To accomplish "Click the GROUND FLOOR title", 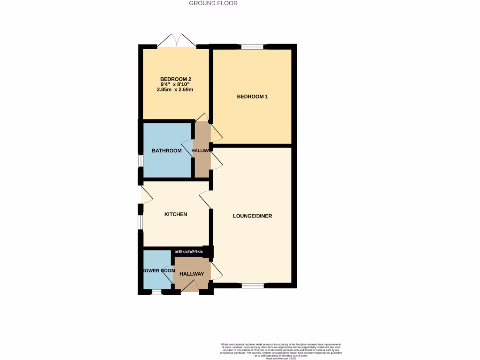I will (x=213, y=3).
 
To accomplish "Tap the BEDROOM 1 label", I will (x=252, y=97).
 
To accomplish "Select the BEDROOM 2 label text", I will (x=176, y=79).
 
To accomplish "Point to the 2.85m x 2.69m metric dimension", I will (x=176, y=90).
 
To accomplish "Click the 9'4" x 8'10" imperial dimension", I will (x=176, y=84).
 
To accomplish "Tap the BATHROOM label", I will (x=166, y=150).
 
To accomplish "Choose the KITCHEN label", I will (x=176, y=214).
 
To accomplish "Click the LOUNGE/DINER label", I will (x=253, y=216).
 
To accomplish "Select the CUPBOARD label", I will (x=189, y=252).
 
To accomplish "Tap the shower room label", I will (x=158, y=270).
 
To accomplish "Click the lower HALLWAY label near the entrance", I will (x=192, y=274).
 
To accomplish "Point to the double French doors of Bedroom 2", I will (x=176, y=41).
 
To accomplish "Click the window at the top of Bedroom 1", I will (x=252, y=46).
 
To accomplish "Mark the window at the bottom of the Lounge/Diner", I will (x=252, y=285).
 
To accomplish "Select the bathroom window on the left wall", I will (x=140, y=160).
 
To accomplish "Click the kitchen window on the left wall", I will (x=140, y=222).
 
